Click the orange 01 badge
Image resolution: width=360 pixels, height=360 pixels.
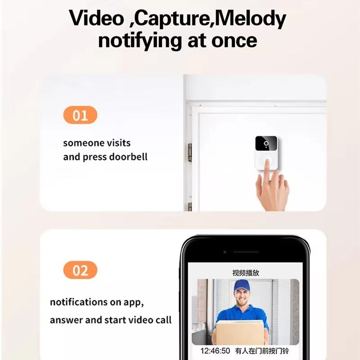[80, 115]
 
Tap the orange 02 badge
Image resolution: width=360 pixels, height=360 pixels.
[80, 270]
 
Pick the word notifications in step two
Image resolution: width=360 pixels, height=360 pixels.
[78, 302]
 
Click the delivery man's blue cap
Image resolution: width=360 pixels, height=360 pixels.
[243, 285]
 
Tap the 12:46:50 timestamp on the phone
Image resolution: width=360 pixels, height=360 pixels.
[215, 351]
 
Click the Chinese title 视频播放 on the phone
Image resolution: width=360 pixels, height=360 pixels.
[246, 273]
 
